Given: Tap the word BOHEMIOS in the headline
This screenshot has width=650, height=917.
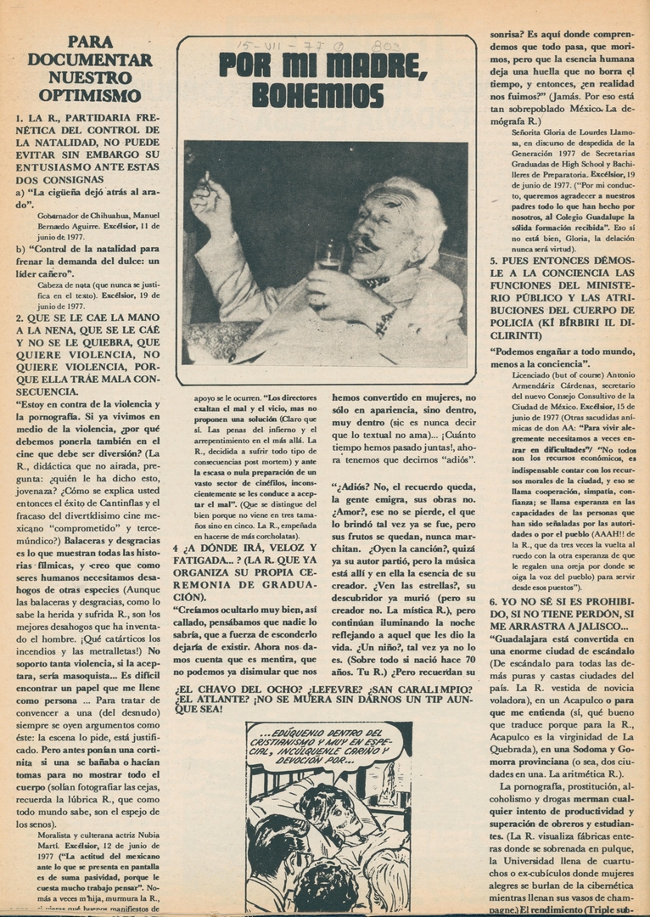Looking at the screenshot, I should click(x=318, y=94).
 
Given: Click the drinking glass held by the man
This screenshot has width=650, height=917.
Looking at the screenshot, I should click(x=327, y=255).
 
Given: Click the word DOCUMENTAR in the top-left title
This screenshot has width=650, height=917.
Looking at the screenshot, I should click(x=90, y=59).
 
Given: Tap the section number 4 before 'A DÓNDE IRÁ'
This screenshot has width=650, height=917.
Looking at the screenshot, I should click(x=176, y=548).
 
